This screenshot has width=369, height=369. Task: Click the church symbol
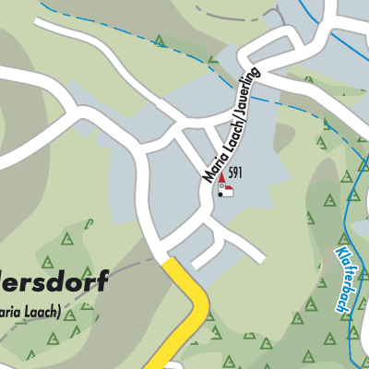click(224, 187)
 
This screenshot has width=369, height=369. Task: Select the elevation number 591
click(236, 173)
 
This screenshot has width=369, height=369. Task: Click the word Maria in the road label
click(210, 165)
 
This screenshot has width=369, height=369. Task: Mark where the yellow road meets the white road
click(169, 260)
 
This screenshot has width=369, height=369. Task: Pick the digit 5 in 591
click(231, 173)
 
